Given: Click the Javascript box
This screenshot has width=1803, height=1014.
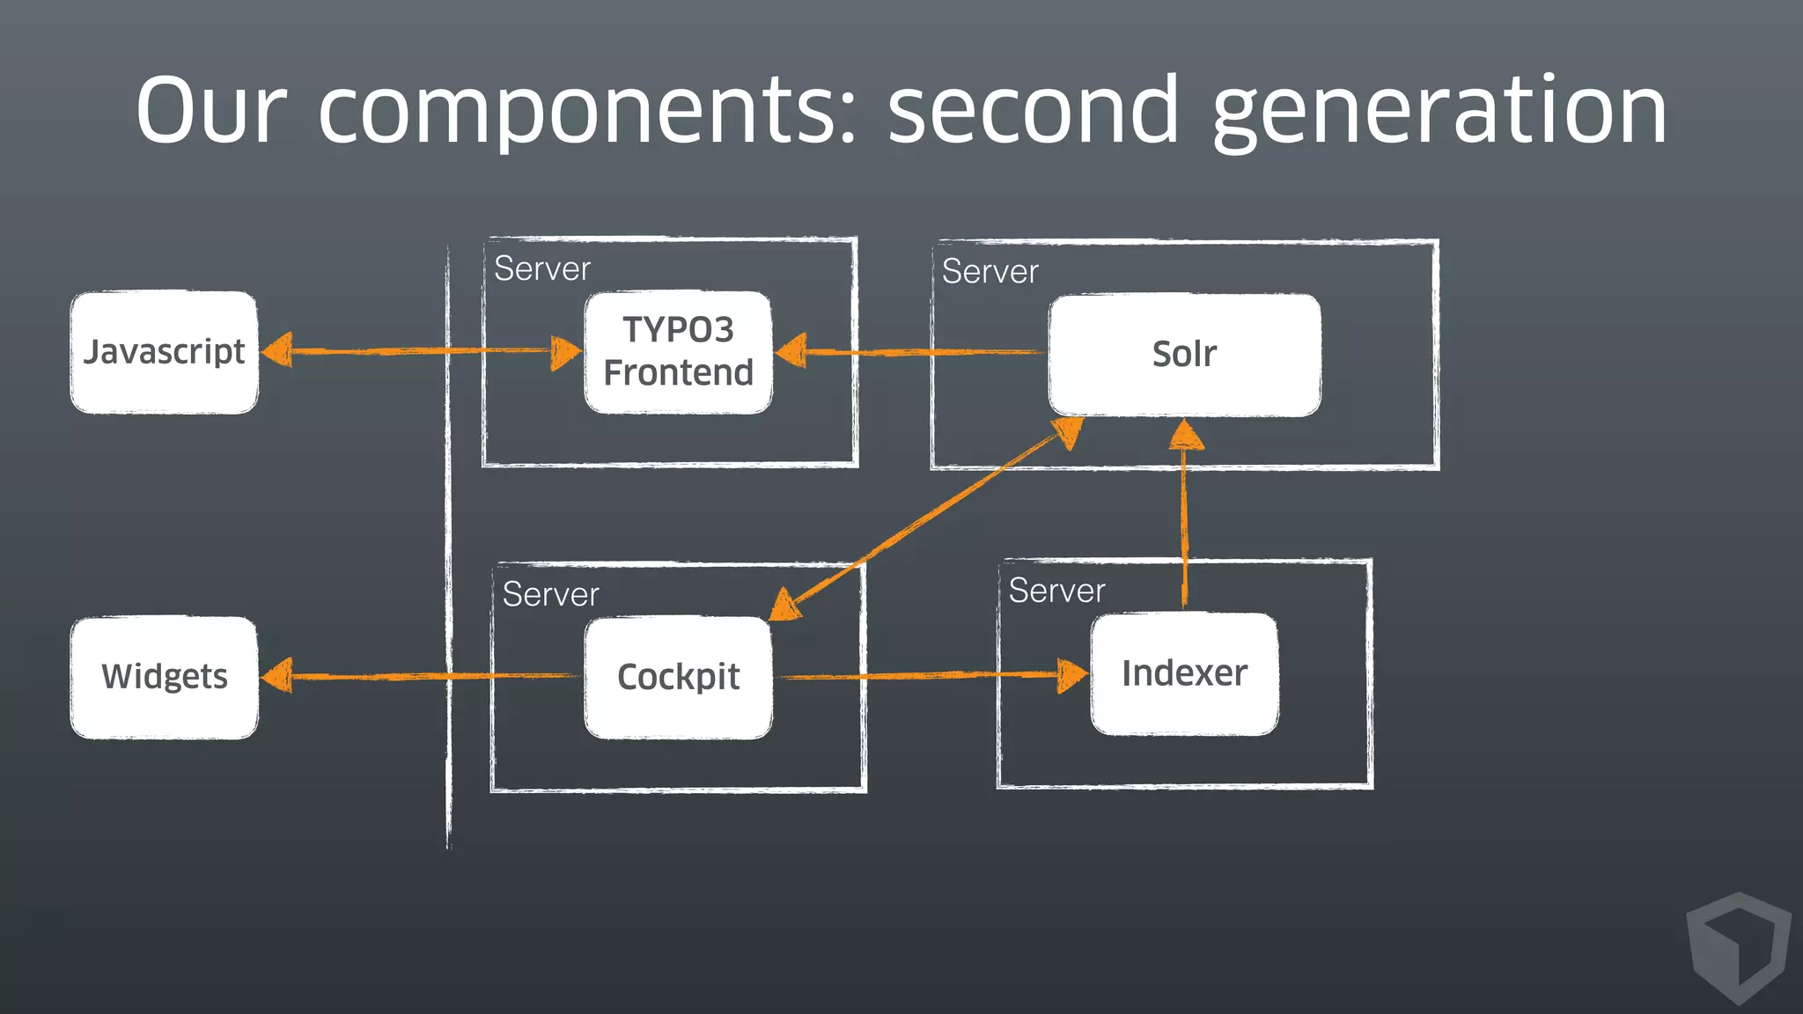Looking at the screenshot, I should pos(164,352).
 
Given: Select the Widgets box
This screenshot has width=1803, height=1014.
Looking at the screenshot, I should pos(164,677).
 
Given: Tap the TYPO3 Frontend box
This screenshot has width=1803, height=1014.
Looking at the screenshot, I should pos(678,352).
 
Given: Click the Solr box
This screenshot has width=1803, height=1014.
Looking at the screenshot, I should pos(1184,354).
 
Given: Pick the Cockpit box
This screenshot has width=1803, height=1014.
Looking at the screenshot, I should pos(678,677).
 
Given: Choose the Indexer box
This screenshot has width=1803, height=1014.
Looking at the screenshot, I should pos(1184,673).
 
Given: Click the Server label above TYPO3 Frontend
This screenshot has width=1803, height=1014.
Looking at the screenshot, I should pos(542,268).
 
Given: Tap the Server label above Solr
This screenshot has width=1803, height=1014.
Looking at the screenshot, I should pos(990,271).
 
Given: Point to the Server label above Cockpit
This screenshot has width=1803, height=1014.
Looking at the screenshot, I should pos(550,594).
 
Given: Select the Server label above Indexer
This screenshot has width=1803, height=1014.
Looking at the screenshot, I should pos(1056,591).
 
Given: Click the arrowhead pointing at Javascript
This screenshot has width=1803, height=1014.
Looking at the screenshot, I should pos(278,350).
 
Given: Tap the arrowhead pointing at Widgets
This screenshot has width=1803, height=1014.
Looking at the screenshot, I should pos(278,676).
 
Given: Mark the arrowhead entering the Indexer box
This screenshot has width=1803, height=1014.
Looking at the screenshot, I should pos(1071,675).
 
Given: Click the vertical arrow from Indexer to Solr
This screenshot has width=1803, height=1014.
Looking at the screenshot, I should pos(1184,519).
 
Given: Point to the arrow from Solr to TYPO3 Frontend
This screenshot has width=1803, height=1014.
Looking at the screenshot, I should pos(916,352).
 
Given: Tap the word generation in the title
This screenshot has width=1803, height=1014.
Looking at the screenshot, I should pos(1439,112).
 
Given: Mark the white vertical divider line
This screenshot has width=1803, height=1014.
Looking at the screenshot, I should pos(449,546).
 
